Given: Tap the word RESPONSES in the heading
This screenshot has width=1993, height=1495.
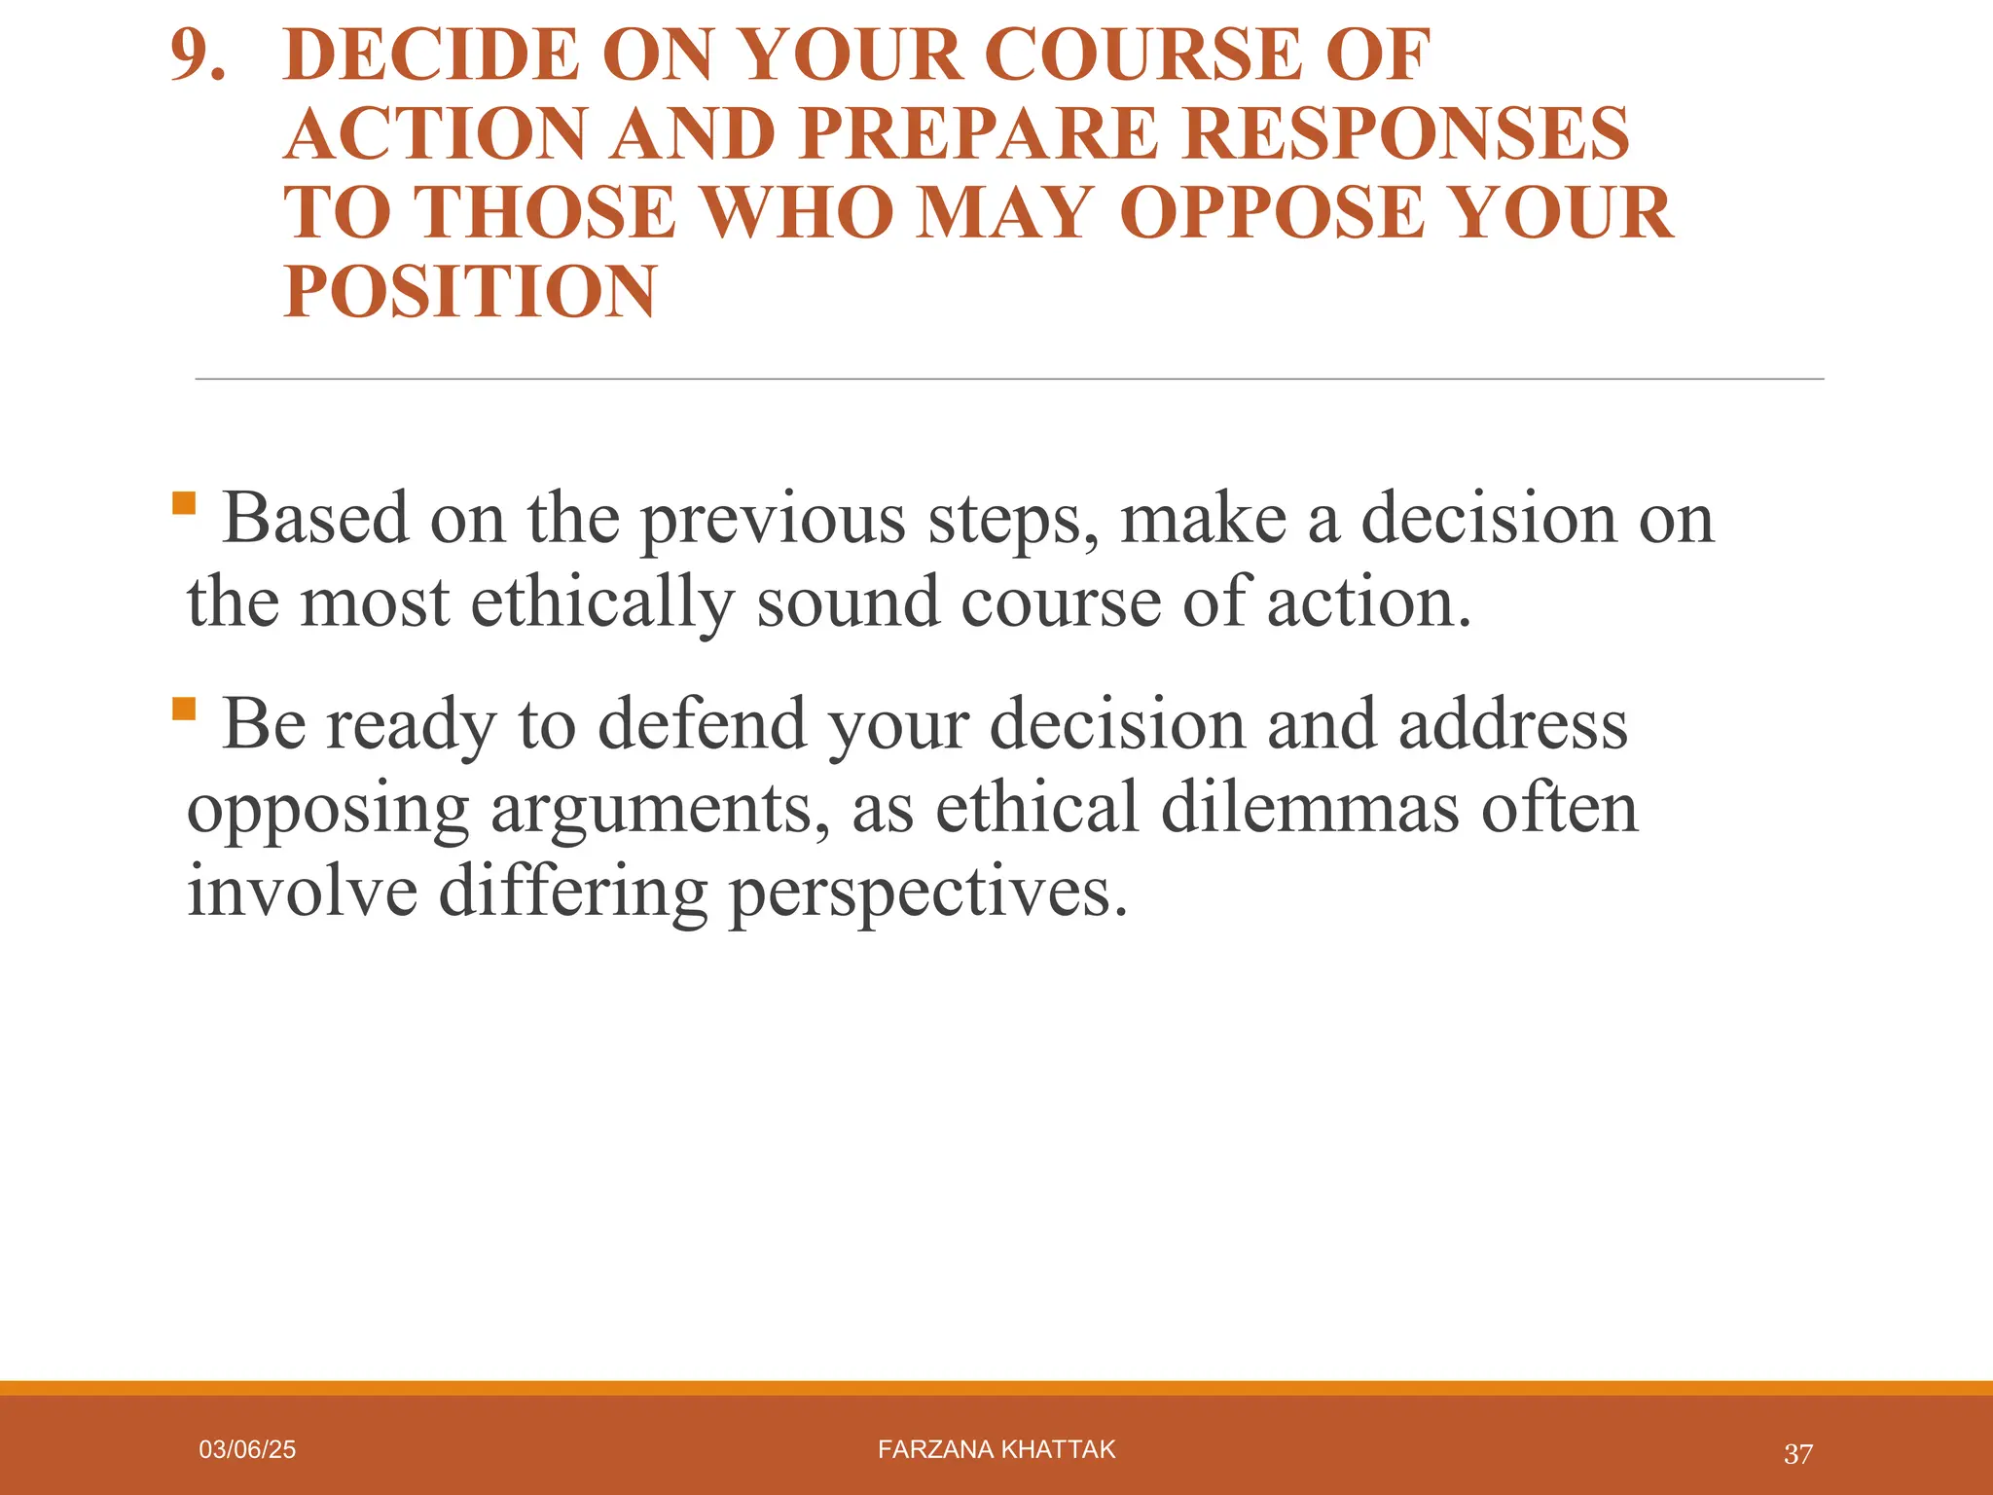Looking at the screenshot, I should pos(1407,134).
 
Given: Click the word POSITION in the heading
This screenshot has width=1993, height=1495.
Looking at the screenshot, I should pos(470,292).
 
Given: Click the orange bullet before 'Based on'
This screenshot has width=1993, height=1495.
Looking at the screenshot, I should pos(183,502).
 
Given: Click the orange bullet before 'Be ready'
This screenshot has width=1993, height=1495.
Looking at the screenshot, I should pos(183,708).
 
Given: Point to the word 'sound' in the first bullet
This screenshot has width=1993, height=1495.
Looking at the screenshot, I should pos(847,602).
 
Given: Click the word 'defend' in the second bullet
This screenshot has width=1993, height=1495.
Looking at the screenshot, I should pos(702,725).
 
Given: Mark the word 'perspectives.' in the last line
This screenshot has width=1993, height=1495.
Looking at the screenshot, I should pos(929,893).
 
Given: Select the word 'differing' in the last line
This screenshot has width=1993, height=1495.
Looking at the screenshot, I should pos(573,893).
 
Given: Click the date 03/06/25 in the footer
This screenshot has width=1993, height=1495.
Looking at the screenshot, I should pos(247,1450).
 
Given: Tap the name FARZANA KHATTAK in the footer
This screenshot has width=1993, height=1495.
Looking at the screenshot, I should pos(996,1450).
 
